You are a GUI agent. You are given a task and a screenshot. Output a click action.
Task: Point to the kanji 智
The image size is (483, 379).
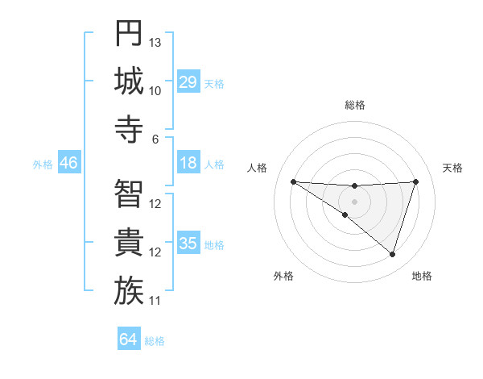point(128,194)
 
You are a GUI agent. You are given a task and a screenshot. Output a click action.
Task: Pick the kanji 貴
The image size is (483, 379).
point(128,243)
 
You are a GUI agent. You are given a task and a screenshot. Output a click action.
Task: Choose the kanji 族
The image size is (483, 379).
point(128,291)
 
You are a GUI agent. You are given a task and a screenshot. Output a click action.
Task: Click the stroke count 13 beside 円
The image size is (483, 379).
point(155,42)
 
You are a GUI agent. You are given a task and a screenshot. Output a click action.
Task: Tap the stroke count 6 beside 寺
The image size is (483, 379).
point(155,139)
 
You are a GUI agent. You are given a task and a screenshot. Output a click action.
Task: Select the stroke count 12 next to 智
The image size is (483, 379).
point(155,203)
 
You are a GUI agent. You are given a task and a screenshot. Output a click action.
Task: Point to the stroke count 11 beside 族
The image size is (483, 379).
point(155,301)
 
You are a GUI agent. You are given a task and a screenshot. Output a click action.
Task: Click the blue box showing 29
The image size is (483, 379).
point(188,82)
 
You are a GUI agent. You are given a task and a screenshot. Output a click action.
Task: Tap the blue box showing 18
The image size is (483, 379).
point(188,164)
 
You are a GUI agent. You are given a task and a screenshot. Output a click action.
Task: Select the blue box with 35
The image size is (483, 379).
point(188,244)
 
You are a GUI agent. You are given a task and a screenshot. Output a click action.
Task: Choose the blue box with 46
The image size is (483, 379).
point(68,164)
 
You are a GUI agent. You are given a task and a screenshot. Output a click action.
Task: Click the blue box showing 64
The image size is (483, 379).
point(128,339)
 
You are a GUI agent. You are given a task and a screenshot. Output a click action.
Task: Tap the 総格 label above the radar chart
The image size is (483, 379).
point(354,105)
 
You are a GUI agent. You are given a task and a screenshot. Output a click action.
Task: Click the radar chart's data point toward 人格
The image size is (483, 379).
point(293,181)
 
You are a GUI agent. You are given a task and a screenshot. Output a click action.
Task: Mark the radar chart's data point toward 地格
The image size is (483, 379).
point(392,255)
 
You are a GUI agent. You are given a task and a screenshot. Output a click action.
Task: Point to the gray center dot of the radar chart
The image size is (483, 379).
point(354,200)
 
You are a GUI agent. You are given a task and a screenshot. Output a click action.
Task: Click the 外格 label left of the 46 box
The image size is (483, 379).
point(43,165)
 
